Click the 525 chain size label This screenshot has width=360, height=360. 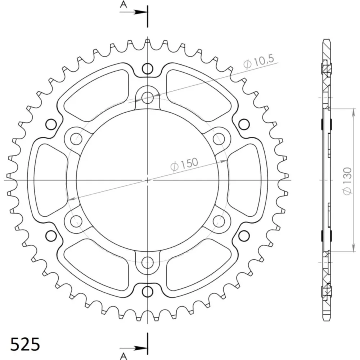(x=25, y=344)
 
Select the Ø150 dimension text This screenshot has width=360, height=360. (x=184, y=164)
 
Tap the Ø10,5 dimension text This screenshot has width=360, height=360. (x=259, y=62)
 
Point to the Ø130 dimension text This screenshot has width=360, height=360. (x=347, y=181)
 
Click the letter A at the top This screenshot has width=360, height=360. (x=123, y=4)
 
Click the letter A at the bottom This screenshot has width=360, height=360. (x=123, y=356)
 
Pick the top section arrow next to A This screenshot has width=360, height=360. (x=134, y=12)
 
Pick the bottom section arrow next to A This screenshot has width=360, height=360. (x=134, y=348)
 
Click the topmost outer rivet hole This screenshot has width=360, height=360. (x=147, y=68)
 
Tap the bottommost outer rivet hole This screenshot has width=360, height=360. (x=147, y=292)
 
